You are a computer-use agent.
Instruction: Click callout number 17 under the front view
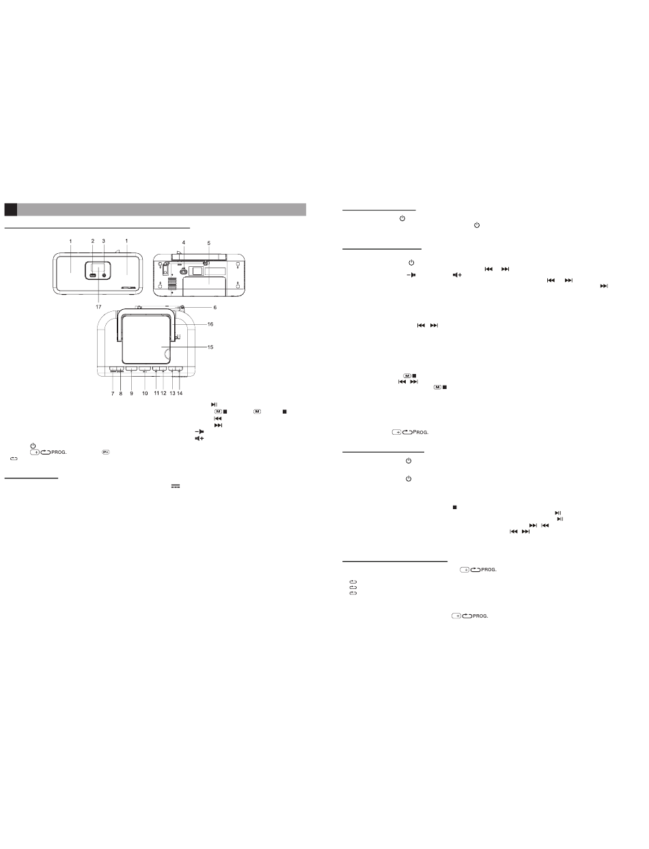(x=98, y=306)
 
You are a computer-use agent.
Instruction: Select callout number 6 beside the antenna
(x=215, y=308)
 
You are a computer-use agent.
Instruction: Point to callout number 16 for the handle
(x=210, y=324)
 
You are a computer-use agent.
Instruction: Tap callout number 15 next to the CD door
(x=210, y=347)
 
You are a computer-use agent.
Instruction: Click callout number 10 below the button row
(x=145, y=393)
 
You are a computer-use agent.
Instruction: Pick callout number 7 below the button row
(x=113, y=393)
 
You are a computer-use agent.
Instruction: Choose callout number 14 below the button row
(x=180, y=393)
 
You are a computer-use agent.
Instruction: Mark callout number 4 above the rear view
(x=184, y=242)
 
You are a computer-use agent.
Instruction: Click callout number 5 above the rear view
(x=208, y=243)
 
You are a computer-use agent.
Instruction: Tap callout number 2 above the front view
(x=92, y=241)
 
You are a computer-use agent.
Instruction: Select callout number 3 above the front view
(x=103, y=241)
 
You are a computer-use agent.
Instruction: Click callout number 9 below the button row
(x=131, y=393)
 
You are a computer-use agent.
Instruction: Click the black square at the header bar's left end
(x=11, y=210)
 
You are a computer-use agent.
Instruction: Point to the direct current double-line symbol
(x=176, y=487)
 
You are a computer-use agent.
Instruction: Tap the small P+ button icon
(x=105, y=452)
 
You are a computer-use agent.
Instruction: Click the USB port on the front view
(x=93, y=276)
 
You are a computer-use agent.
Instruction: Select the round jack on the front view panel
(x=104, y=275)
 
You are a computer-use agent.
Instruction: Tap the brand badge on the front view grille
(x=128, y=288)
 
